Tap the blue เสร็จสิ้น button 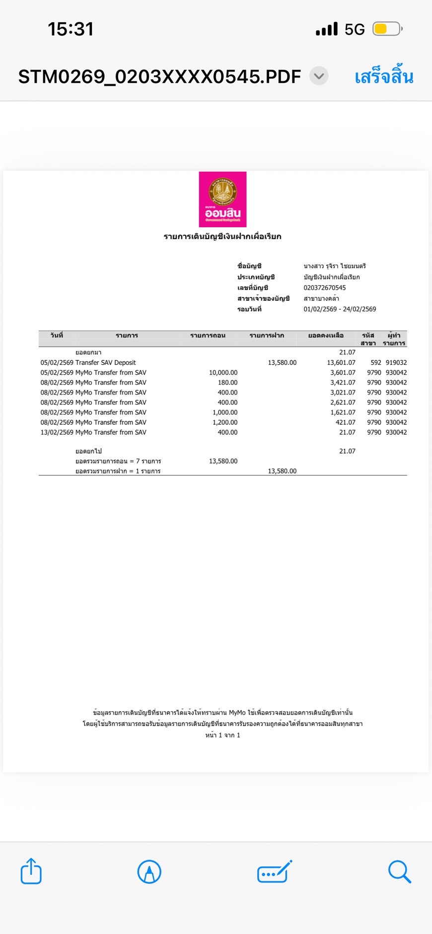(x=384, y=77)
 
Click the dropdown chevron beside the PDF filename (x=319, y=76)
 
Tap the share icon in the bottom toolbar (x=31, y=871)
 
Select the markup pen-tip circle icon (x=149, y=871)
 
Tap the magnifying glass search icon (x=399, y=871)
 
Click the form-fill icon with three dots (x=274, y=872)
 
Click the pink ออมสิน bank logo (x=222, y=199)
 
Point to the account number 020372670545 (x=325, y=288)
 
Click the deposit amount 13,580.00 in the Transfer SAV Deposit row (x=282, y=363)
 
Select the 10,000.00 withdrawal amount (x=223, y=373)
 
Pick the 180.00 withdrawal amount (x=227, y=383)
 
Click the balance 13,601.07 (x=341, y=363)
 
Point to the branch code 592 (x=376, y=363)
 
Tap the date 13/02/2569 (x=57, y=432)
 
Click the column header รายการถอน (x=208, y=335)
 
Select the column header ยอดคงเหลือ (x=326, y=335)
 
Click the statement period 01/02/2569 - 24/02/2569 (x=340, y=309)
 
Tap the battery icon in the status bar (x=387, y=29)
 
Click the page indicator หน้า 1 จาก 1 (x=222, y=735)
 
